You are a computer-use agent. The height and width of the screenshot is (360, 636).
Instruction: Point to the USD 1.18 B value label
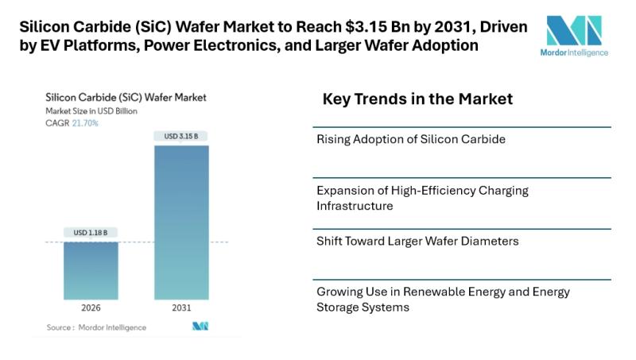tap(91, 232)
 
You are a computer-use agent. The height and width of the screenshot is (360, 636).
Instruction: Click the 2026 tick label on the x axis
tap(91, 308)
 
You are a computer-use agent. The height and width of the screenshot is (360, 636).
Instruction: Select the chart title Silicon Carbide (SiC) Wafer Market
tap(126, 97)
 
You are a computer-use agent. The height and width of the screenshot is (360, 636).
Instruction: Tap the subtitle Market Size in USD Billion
tap(91, 111)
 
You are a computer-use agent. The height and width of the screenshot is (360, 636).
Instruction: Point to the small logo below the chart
tap(200, 327)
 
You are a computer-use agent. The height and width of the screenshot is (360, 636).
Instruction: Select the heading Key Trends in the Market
tap(417, 99)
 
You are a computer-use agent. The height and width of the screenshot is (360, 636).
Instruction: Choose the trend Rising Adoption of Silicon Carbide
tap(411, 140)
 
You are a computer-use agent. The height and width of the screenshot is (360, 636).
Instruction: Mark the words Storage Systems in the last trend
tap(363, 307)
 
